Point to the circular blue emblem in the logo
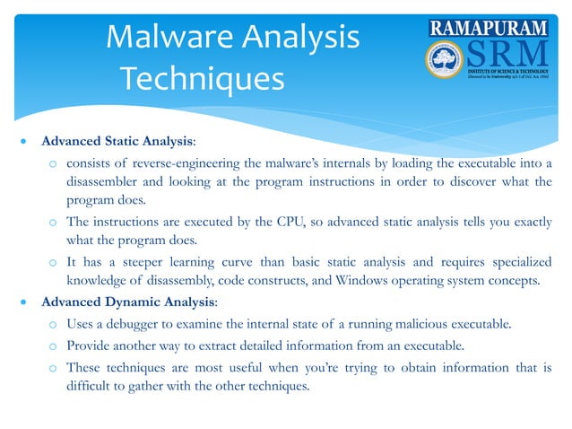pos(446,61)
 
